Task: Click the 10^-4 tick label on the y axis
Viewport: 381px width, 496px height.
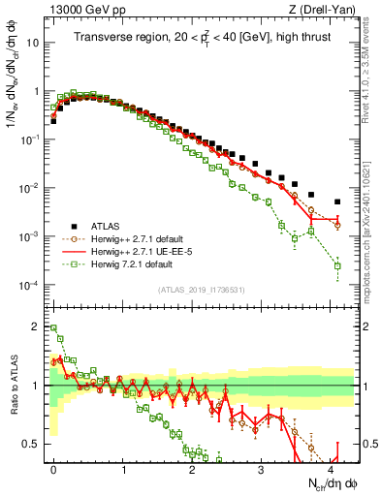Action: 28,285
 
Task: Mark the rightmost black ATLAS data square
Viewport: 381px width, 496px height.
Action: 337,201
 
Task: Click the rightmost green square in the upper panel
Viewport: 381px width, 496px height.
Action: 337,265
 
